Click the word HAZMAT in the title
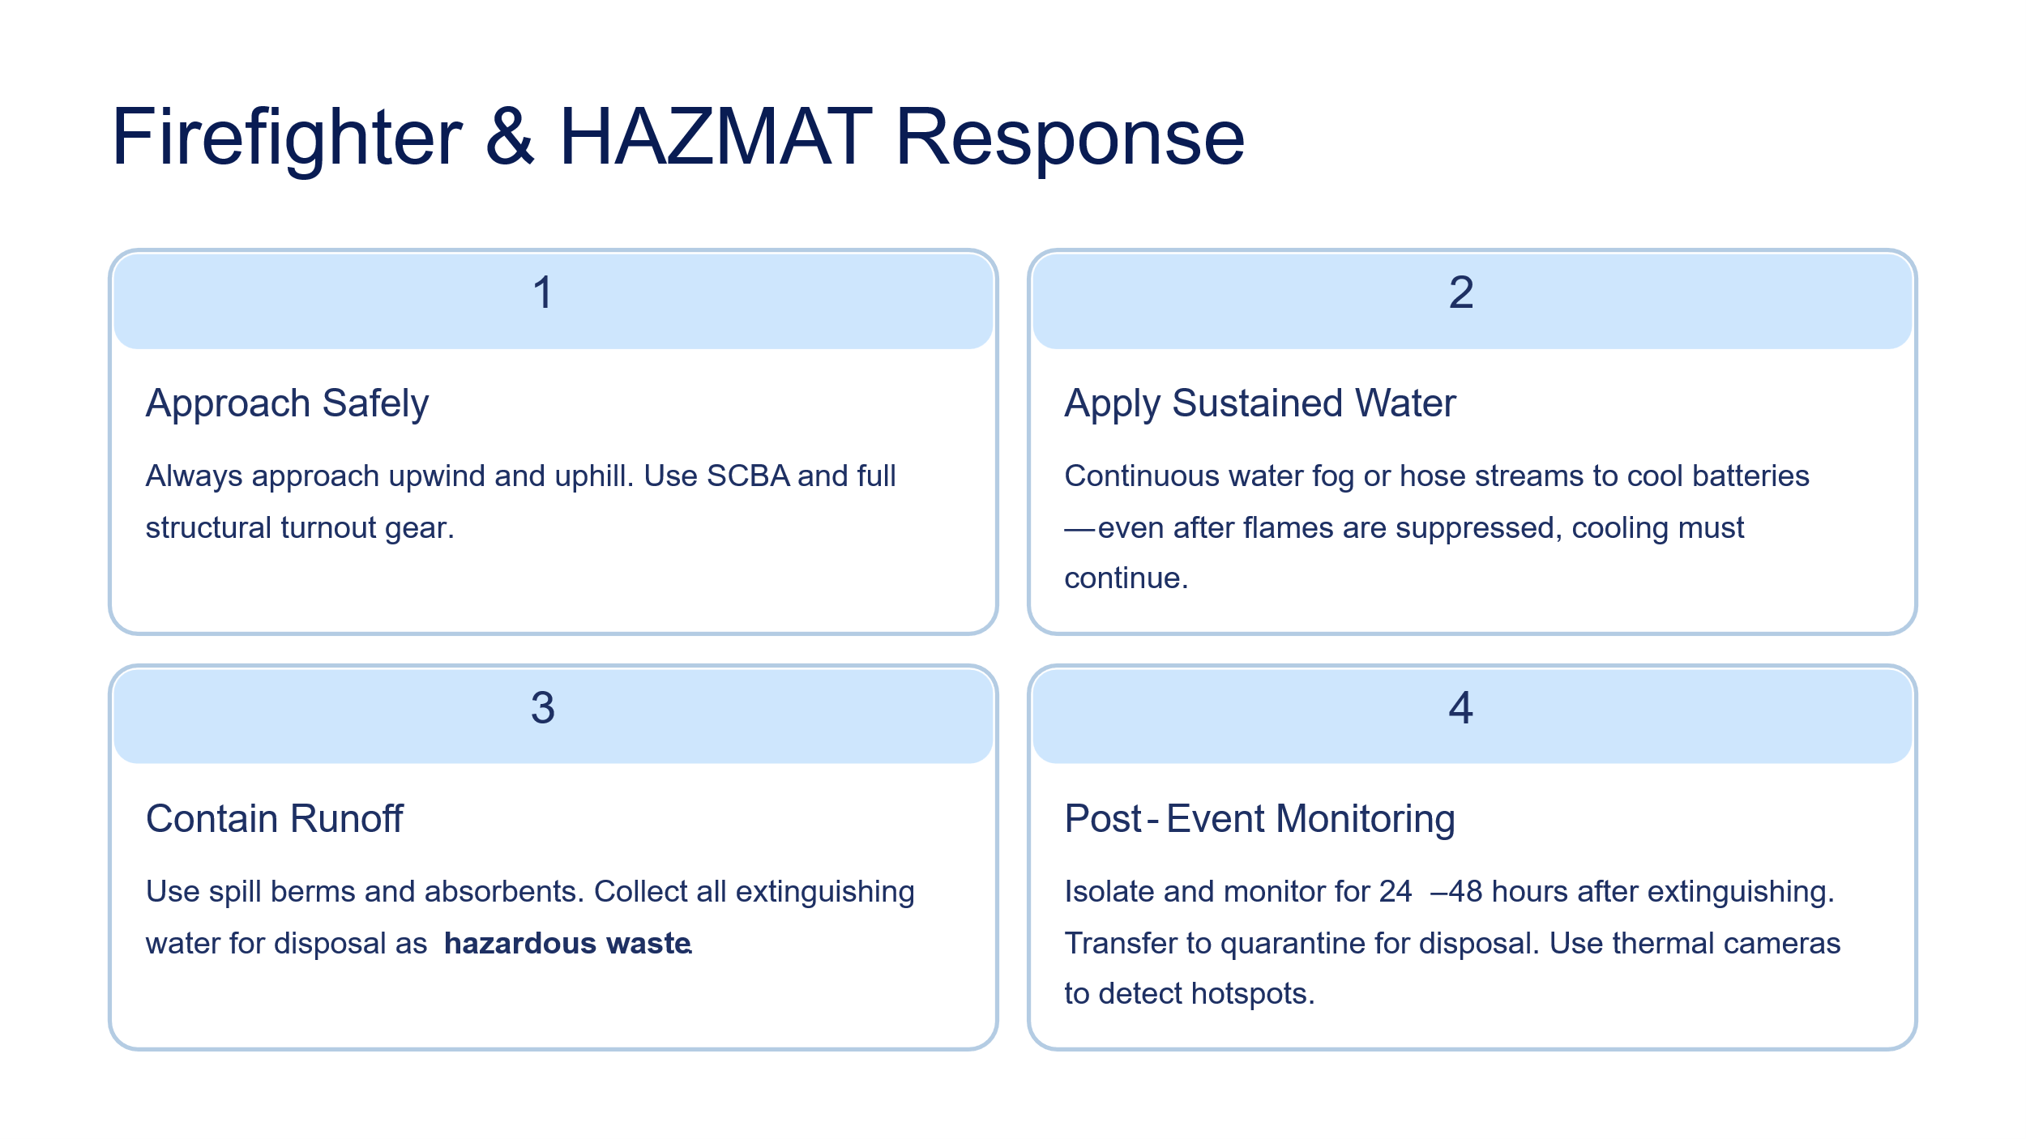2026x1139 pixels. pos(716,137)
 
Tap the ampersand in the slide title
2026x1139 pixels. pos(510,137)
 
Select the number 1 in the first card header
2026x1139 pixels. pos(543,292)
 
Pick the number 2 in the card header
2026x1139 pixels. pos(1461,292)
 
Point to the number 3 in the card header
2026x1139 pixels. pos(543,708)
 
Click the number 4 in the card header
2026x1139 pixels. pos(1461,708)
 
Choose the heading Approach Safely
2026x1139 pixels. pos(287,404)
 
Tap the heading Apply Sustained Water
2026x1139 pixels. pos(1260,404)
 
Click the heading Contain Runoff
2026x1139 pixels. pos(274,819)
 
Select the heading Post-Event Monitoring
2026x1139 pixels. pos(1259,819)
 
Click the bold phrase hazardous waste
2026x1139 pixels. pos(567,944)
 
